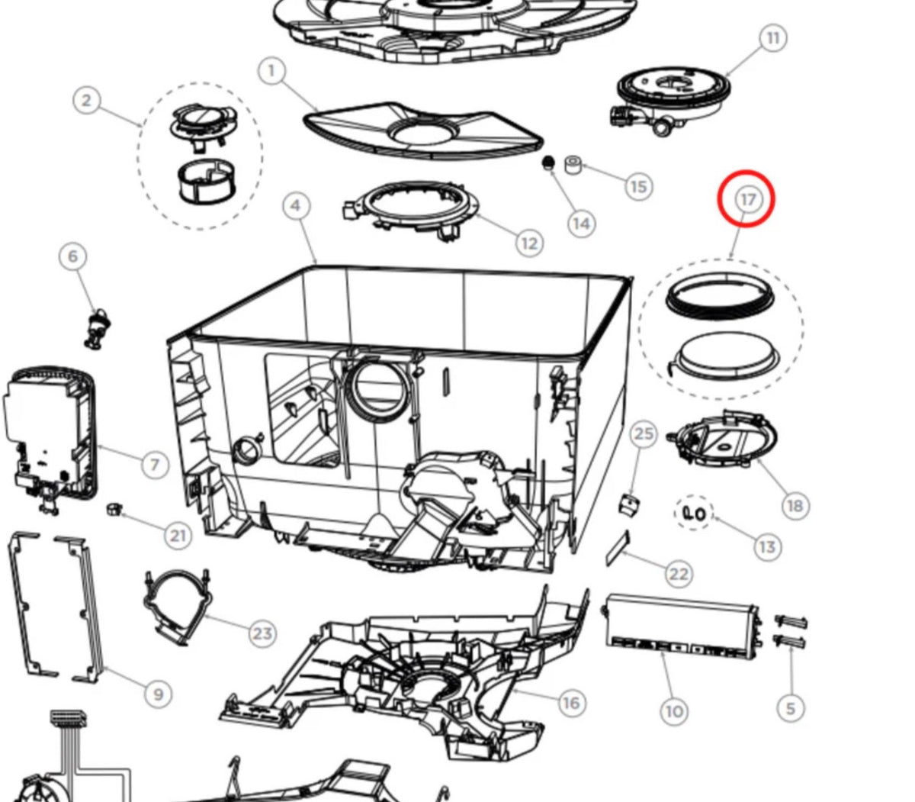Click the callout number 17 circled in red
(x=747, y=199)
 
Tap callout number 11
(x=772, y=38)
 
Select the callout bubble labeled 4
(x=296, y=205)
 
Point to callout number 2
(x=87, y=100)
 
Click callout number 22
(x=679, y=574)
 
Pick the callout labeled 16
(x=570, y=702)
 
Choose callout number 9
(x=158, y=694)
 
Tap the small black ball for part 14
(x=547, y=163)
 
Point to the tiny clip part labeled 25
(x=629, y=504)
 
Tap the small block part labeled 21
(x=114, y=507)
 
